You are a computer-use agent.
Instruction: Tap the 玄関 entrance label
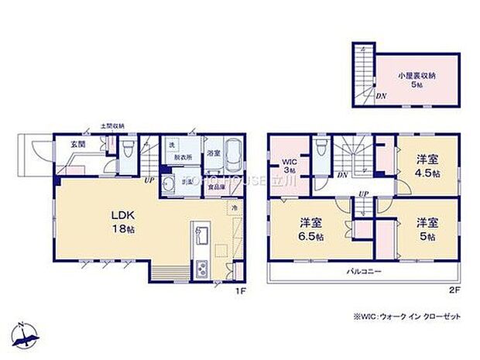coord(68,144)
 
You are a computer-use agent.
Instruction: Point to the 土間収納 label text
coord(112,125)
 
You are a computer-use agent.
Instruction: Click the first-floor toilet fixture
coord(126,148)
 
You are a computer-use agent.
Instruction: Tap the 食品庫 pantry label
coord(217,187)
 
